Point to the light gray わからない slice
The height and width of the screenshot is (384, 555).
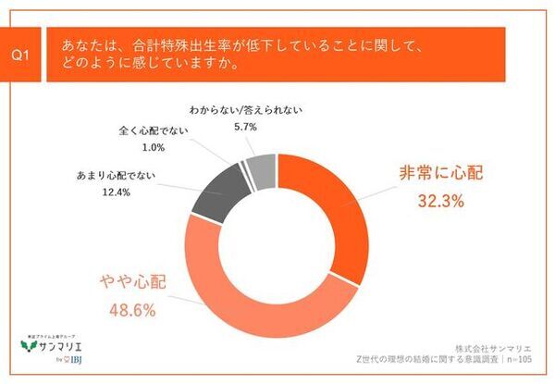261,167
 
